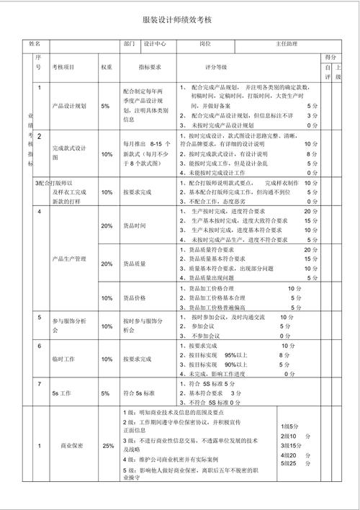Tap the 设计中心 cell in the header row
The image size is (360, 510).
pos(155,44)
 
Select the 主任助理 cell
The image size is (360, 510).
pos(287,44)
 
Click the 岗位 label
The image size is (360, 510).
pos(205,44)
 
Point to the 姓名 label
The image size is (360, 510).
pos(35,44)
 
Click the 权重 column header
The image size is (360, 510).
pos(107,67)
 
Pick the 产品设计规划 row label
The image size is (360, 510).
pos(70,106)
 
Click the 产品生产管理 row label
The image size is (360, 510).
pos(70,257)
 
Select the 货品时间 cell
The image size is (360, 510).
pos(135,226)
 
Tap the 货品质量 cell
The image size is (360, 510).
pos(135,264)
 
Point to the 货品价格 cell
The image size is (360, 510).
pos(135,297)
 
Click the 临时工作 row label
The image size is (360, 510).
pos(63,359)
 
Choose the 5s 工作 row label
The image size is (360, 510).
pos(60,393)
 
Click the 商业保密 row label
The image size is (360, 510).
pos(71,446)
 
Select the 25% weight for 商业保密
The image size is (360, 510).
pos(108,446)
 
